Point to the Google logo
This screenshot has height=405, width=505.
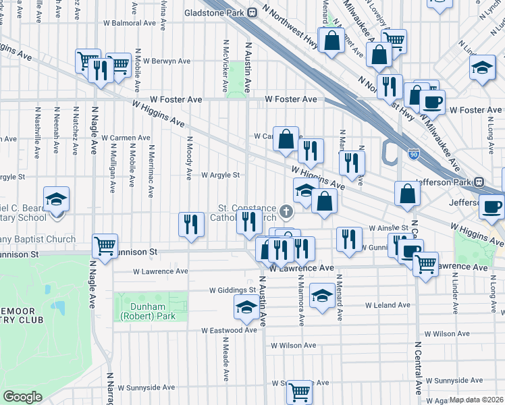(x=22, y=397)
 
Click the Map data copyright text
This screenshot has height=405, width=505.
(x=477, y=400)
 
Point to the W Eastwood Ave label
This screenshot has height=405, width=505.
(x=230, y=330)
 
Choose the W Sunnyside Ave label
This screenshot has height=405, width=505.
(x=147, y=387)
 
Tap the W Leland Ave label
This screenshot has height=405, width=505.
(x=388, y=305)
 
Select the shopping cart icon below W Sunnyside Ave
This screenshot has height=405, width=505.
(x=298, y=391)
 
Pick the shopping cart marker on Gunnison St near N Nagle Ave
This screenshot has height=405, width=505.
(x=105, y=246)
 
